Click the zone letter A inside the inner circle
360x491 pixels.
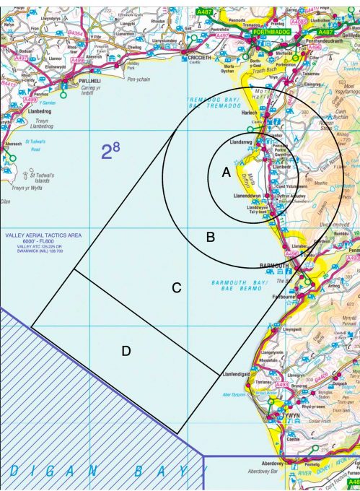(x=226, y=173)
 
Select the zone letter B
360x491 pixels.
(x=211, y=236)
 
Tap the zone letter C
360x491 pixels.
(x=175, y=287)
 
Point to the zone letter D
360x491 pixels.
(x=126, y=351)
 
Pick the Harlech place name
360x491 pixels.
(x=250, y=111)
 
